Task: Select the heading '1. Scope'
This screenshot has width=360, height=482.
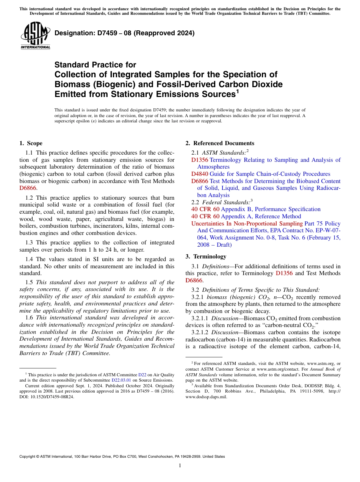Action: point(31,143)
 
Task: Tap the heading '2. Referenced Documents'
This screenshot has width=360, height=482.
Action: point(220,143)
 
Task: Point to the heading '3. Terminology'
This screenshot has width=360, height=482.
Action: point(206,257)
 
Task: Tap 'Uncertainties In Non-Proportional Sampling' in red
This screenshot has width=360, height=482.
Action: point(247,224)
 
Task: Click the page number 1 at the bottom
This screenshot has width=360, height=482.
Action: point(180,465)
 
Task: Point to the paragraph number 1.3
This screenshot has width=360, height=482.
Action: point(29,243)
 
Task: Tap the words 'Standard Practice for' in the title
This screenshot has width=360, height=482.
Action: point(95,65)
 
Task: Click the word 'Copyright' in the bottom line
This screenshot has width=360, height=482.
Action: point(28,457)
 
